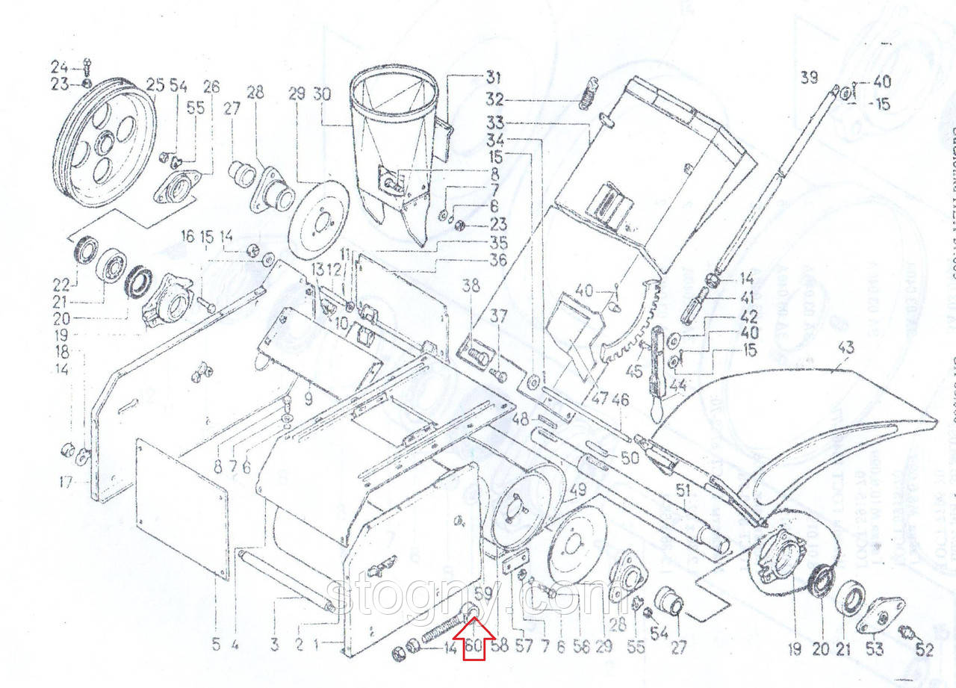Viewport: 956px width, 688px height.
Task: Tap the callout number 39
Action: [x=810, y=76]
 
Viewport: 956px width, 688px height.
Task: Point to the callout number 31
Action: [x=494, y=76]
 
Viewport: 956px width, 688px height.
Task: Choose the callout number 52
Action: [x=925, y=650]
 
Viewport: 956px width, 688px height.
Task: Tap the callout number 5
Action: [x=216, y=644]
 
